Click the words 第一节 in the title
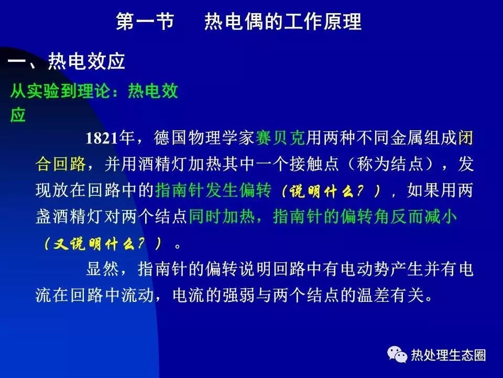tap(145, 22)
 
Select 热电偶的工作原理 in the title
tap(283, 22)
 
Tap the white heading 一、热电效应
tap(67, 61)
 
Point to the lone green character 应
tap(18, 115)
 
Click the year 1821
tap(102, 138)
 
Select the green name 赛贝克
tap(280, 138)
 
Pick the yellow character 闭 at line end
tap(465, 138)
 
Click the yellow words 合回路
tap(61, 164)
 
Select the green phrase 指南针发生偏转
tap(213, 190)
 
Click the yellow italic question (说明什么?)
tap(331, 192)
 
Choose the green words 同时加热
tap(222, 216)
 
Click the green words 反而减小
tap(423, 216)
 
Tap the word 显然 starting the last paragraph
tap(103, 269)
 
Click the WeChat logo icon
tap(397, 354)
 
